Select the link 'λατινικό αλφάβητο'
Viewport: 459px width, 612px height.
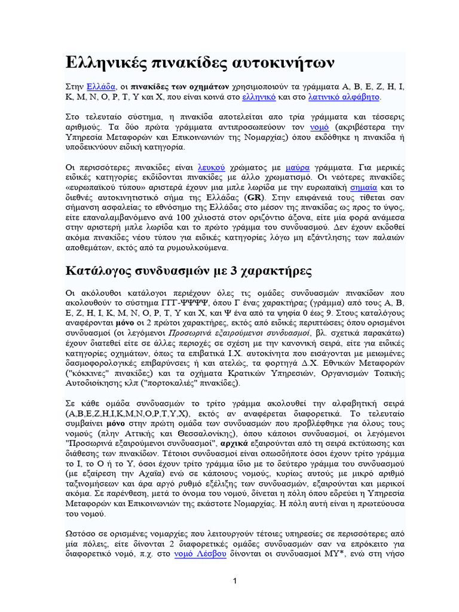(344, 96)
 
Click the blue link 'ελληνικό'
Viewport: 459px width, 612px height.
(260, 96)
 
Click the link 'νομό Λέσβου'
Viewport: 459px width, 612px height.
(200, 554)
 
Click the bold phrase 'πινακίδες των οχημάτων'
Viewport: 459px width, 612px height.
(172, 85)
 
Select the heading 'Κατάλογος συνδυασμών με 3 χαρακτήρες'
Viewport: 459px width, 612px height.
(188, 271)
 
